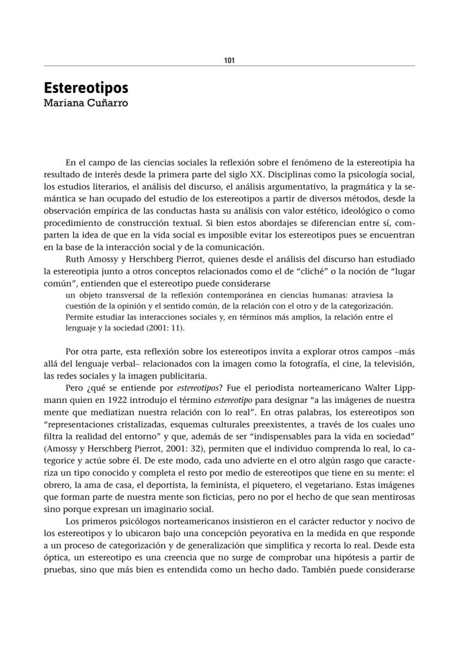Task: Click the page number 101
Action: (229, 60)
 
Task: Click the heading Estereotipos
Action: (86, 88)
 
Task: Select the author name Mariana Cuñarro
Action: (86, 103)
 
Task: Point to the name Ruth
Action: (76, 258)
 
